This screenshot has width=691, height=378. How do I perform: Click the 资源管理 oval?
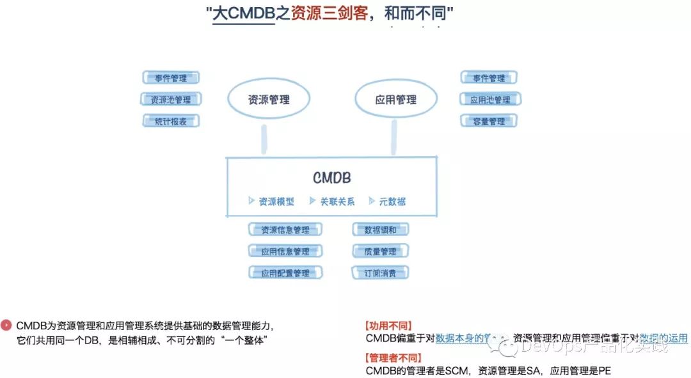point(269,100)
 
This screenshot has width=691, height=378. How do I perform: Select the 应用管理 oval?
point(396,100)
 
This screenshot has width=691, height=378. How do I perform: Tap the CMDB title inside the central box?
point(331,178)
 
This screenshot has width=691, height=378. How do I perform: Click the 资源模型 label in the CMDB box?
point(276,201)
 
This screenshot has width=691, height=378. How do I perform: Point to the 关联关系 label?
point(337,201)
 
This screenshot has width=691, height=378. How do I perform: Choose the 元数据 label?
point(392,201)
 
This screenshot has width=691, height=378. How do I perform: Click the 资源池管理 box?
point(171,100)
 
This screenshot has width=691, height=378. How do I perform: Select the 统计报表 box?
point(171,121)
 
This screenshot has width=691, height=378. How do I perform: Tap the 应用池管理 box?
point(490,100)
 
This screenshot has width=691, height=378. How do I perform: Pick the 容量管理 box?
point(489,121)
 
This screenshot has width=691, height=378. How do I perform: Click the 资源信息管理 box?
point(285,230)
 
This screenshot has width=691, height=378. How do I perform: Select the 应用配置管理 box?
point(285,273)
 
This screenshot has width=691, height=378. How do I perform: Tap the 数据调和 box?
point(380,230)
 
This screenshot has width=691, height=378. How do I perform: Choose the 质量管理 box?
point(380,251)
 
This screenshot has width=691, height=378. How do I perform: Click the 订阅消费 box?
point(380,273)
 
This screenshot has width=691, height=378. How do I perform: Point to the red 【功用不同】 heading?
point(388,326)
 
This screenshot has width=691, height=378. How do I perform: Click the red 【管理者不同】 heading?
point(393,358)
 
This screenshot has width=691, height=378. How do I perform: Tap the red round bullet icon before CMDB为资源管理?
point(6,325)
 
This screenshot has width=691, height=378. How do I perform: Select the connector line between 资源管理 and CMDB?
point(263,139)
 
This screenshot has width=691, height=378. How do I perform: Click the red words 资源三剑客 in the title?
point(330,14)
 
